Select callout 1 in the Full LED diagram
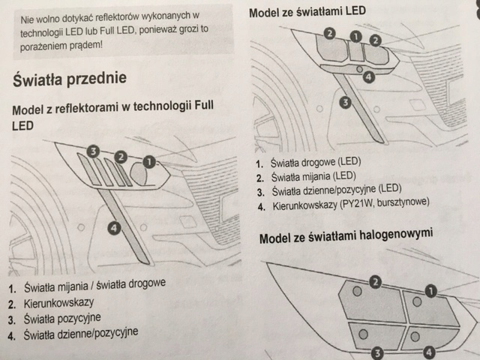(149, 160)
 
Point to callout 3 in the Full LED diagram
(93, 151)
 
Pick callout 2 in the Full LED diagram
(120, 157)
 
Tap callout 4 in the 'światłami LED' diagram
(367, 75)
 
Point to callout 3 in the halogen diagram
(378, 351)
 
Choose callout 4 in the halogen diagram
(428, 351)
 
